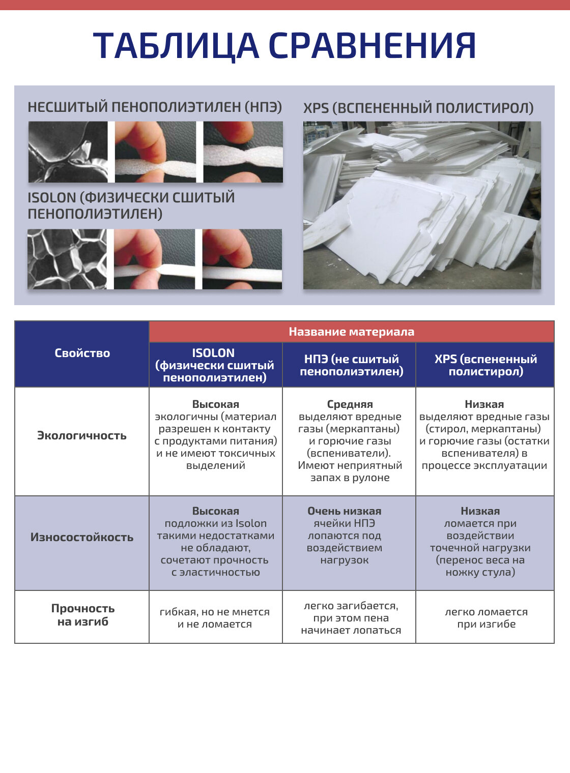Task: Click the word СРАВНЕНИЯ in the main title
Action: pos(372,46)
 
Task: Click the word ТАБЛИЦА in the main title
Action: pos(176,46)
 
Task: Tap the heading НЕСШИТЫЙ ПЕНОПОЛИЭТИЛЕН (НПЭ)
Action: pos(155,107)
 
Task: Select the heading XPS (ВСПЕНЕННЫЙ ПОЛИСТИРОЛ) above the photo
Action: pos(418,108)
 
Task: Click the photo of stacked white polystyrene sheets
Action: pos(422,205)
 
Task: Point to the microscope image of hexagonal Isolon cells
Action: pos(67,259)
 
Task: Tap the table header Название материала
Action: pos(351,332)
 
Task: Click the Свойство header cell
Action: pos(82,353)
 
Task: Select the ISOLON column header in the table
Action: pos(215,365)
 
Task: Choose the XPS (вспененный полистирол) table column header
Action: pos(486,365)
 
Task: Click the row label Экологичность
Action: pos(82,435)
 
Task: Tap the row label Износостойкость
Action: pos(82,537)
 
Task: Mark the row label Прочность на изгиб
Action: pos(82,615)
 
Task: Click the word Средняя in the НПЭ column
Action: pos(350,404)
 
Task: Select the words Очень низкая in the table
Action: pos(345,511)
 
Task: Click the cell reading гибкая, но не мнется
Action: pos(215,618)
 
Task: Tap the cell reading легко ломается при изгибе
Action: pos(486,618)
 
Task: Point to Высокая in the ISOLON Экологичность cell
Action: pos(216,404)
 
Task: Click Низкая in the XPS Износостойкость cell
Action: pos(480,511)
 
